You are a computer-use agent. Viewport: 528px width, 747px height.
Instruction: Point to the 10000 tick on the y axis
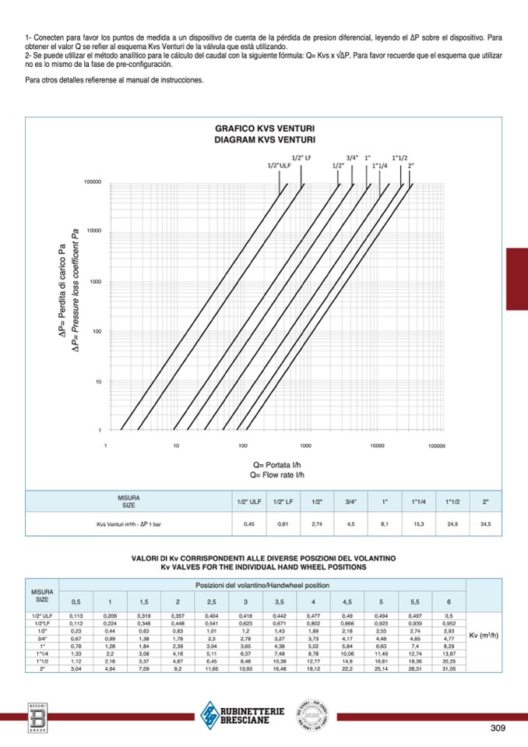(x=93, y=231)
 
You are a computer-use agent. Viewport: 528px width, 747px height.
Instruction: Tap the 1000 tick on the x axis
(x=306, y=446)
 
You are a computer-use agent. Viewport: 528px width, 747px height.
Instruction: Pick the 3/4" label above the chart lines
(x=352, y=157)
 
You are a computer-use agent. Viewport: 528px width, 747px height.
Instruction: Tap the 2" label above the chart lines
(x=410, y=165)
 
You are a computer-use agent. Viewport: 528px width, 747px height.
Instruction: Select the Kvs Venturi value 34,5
(x=486, y=525)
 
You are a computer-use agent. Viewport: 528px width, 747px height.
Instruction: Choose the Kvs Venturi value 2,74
(x=317, y=525)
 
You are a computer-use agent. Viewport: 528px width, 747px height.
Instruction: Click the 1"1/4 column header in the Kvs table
(x=419, y=502)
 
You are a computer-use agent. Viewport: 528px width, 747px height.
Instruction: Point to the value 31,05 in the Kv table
(x=449, y=669)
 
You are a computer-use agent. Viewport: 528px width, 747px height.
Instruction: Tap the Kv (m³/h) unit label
(x=484, y=636)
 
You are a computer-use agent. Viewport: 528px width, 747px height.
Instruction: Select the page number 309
(x=499, y=728)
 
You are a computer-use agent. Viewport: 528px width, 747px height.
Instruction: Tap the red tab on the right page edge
(x=517, y=279)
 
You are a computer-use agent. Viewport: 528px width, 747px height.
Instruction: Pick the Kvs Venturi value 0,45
(x=249, y=525)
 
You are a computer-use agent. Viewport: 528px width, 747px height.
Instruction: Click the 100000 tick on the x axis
(x=437, y=446)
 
